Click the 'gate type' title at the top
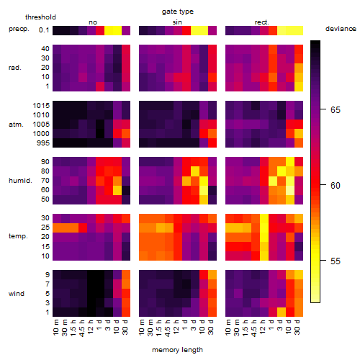coord(178,12)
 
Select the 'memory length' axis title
coord(177,350)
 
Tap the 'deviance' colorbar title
coord(341,29)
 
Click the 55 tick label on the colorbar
coord(336,261)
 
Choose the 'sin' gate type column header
coord(177,22)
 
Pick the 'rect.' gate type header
coord(262,22)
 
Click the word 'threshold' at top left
coord(40,17)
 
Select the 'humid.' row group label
coord(20,181)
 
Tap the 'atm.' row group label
coord(16,125)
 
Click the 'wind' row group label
coord(17,294)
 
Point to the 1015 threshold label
coord(41,105)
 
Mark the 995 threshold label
coord(43,143)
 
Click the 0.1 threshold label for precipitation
coord(44,30)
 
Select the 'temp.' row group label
coord(18,236)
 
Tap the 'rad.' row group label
coord(15,68)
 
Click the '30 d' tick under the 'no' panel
coord(125,327)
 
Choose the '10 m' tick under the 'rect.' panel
coord(228,327)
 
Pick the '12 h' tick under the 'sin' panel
coord(176,327)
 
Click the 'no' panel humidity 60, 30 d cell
coord(126,190)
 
